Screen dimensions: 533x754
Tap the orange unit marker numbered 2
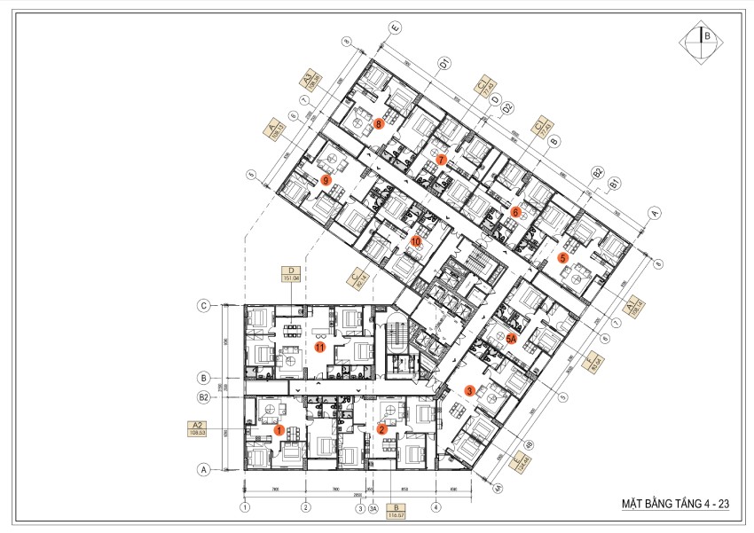(x=381, y=430)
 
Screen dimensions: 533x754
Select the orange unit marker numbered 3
(x=469, y=389)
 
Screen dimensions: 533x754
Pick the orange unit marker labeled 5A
(x=511, y=338)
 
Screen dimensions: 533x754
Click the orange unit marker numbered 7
(x=441, y=161)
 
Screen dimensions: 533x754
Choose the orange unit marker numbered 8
(x=379, y=124)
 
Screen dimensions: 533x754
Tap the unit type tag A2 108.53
(x=197, y=428)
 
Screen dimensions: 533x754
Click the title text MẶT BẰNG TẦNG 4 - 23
(x=675, y=504)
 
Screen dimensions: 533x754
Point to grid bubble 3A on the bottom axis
(x=373, y=508)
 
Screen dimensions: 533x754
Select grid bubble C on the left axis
(x=203, y=306)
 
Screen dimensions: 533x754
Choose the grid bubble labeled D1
(x=445, y=62)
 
